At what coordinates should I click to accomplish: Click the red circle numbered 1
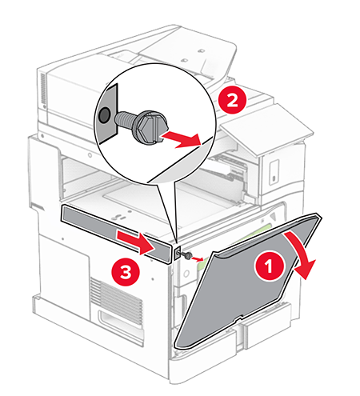269,266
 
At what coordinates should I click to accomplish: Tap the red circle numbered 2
232,100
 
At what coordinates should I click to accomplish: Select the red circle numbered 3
126,272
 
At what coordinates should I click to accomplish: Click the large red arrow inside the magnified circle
182,138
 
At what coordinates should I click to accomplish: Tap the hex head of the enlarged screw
150,126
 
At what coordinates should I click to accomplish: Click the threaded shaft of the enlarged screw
126,119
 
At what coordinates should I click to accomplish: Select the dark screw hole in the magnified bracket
104,115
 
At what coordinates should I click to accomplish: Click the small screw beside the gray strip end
188,256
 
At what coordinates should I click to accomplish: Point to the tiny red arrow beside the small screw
198,258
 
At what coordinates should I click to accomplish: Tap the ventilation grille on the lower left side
116,297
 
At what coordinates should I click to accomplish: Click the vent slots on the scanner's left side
42,89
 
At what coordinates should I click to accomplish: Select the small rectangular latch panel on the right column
274,172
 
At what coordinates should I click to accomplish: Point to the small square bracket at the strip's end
177,253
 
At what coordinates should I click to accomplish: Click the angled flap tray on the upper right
266,128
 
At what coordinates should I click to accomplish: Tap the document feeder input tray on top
186,50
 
